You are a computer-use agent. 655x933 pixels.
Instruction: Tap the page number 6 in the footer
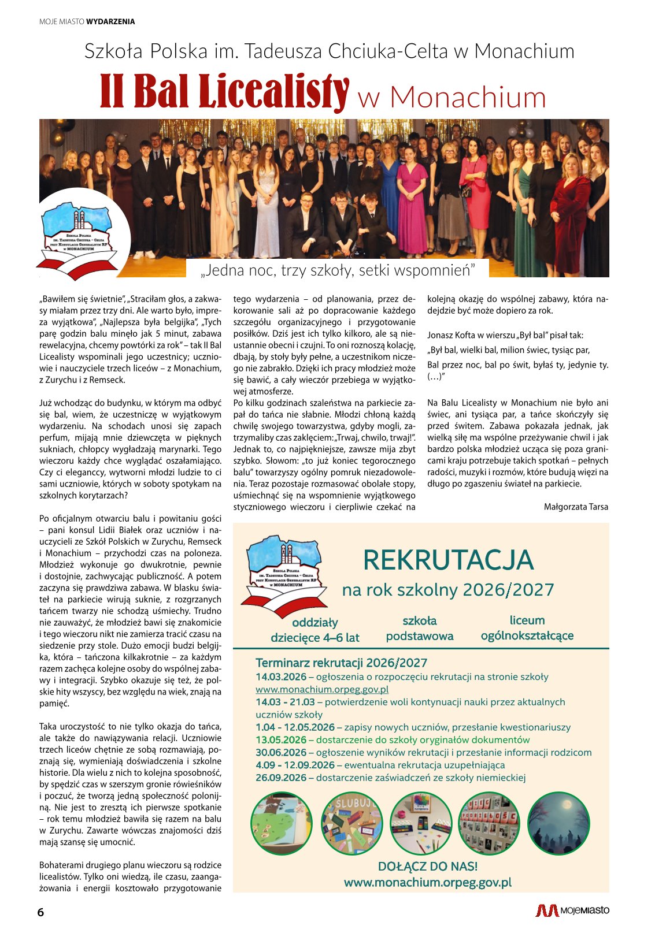(40, 912)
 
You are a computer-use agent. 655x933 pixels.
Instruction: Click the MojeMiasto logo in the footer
(572, 910)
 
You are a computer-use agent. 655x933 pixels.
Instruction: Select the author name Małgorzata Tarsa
(576, 507)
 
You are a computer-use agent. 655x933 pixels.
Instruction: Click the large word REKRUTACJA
(448, 560)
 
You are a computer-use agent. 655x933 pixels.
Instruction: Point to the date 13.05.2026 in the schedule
(281, 740)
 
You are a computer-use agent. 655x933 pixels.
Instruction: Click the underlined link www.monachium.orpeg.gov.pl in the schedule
(322, 689)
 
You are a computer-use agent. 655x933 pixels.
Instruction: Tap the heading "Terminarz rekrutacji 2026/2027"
(341, 663)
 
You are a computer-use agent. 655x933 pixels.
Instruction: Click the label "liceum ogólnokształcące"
(527, 628)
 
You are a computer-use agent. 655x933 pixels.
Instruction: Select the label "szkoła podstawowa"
(420, 629)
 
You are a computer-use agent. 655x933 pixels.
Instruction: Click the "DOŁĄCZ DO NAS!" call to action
(428, 866)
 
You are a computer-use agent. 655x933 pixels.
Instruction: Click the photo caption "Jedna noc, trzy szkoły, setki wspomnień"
(338, 270)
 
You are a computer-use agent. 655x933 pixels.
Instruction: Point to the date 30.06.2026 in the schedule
(281, 752)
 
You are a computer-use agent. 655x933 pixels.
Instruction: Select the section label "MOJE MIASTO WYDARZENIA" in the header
(87, 22)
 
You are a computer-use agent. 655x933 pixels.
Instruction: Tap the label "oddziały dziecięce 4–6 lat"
(315, 630)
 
